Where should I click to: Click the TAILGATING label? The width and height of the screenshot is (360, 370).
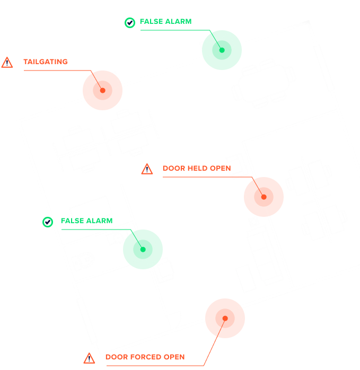click(46, 62)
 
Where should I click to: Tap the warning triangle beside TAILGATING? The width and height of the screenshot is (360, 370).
click(7, 63)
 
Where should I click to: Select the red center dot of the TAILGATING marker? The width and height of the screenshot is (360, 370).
click(102, 90)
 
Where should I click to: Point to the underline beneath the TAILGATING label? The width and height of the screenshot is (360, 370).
click(57, 71)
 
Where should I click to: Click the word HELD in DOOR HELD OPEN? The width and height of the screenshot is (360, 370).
click(197, 168)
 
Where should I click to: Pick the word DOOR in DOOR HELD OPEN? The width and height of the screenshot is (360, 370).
click(174, 168)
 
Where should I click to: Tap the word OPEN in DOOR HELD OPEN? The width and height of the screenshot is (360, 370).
click(220, 168)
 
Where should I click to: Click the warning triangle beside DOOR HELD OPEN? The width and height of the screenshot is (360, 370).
click(147, 169)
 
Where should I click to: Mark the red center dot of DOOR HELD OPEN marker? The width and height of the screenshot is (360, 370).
click(264, 197)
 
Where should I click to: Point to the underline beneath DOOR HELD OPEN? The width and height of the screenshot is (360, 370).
click(207, 177)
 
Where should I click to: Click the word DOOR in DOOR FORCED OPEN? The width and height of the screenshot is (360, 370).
click(117, 357)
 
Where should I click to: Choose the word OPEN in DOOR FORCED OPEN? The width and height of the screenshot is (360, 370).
click(174, 357)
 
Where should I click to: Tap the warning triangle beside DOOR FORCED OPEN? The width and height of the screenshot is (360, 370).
click(89, 358)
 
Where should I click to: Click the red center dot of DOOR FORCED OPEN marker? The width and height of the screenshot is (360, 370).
click(225, 319)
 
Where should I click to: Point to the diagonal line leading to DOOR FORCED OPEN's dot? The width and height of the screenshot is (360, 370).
click(214, 342)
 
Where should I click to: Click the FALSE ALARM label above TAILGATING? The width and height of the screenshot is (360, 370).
click(166, 22)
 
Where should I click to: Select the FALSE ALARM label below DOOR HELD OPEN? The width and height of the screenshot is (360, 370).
click(86, 221)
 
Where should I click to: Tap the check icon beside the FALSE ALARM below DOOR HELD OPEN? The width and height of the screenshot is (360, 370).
click(48, 222)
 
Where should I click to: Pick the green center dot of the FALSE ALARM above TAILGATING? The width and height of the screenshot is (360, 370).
click(222, 50)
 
